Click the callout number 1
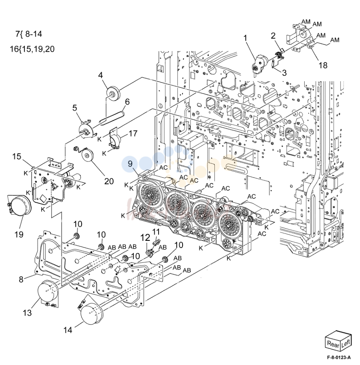coord(245,38)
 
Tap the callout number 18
coord(323,65)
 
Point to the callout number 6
coord(127,102)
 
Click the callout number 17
coord(133,133)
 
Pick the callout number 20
coord(109,181)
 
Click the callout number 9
coord(130,163)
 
